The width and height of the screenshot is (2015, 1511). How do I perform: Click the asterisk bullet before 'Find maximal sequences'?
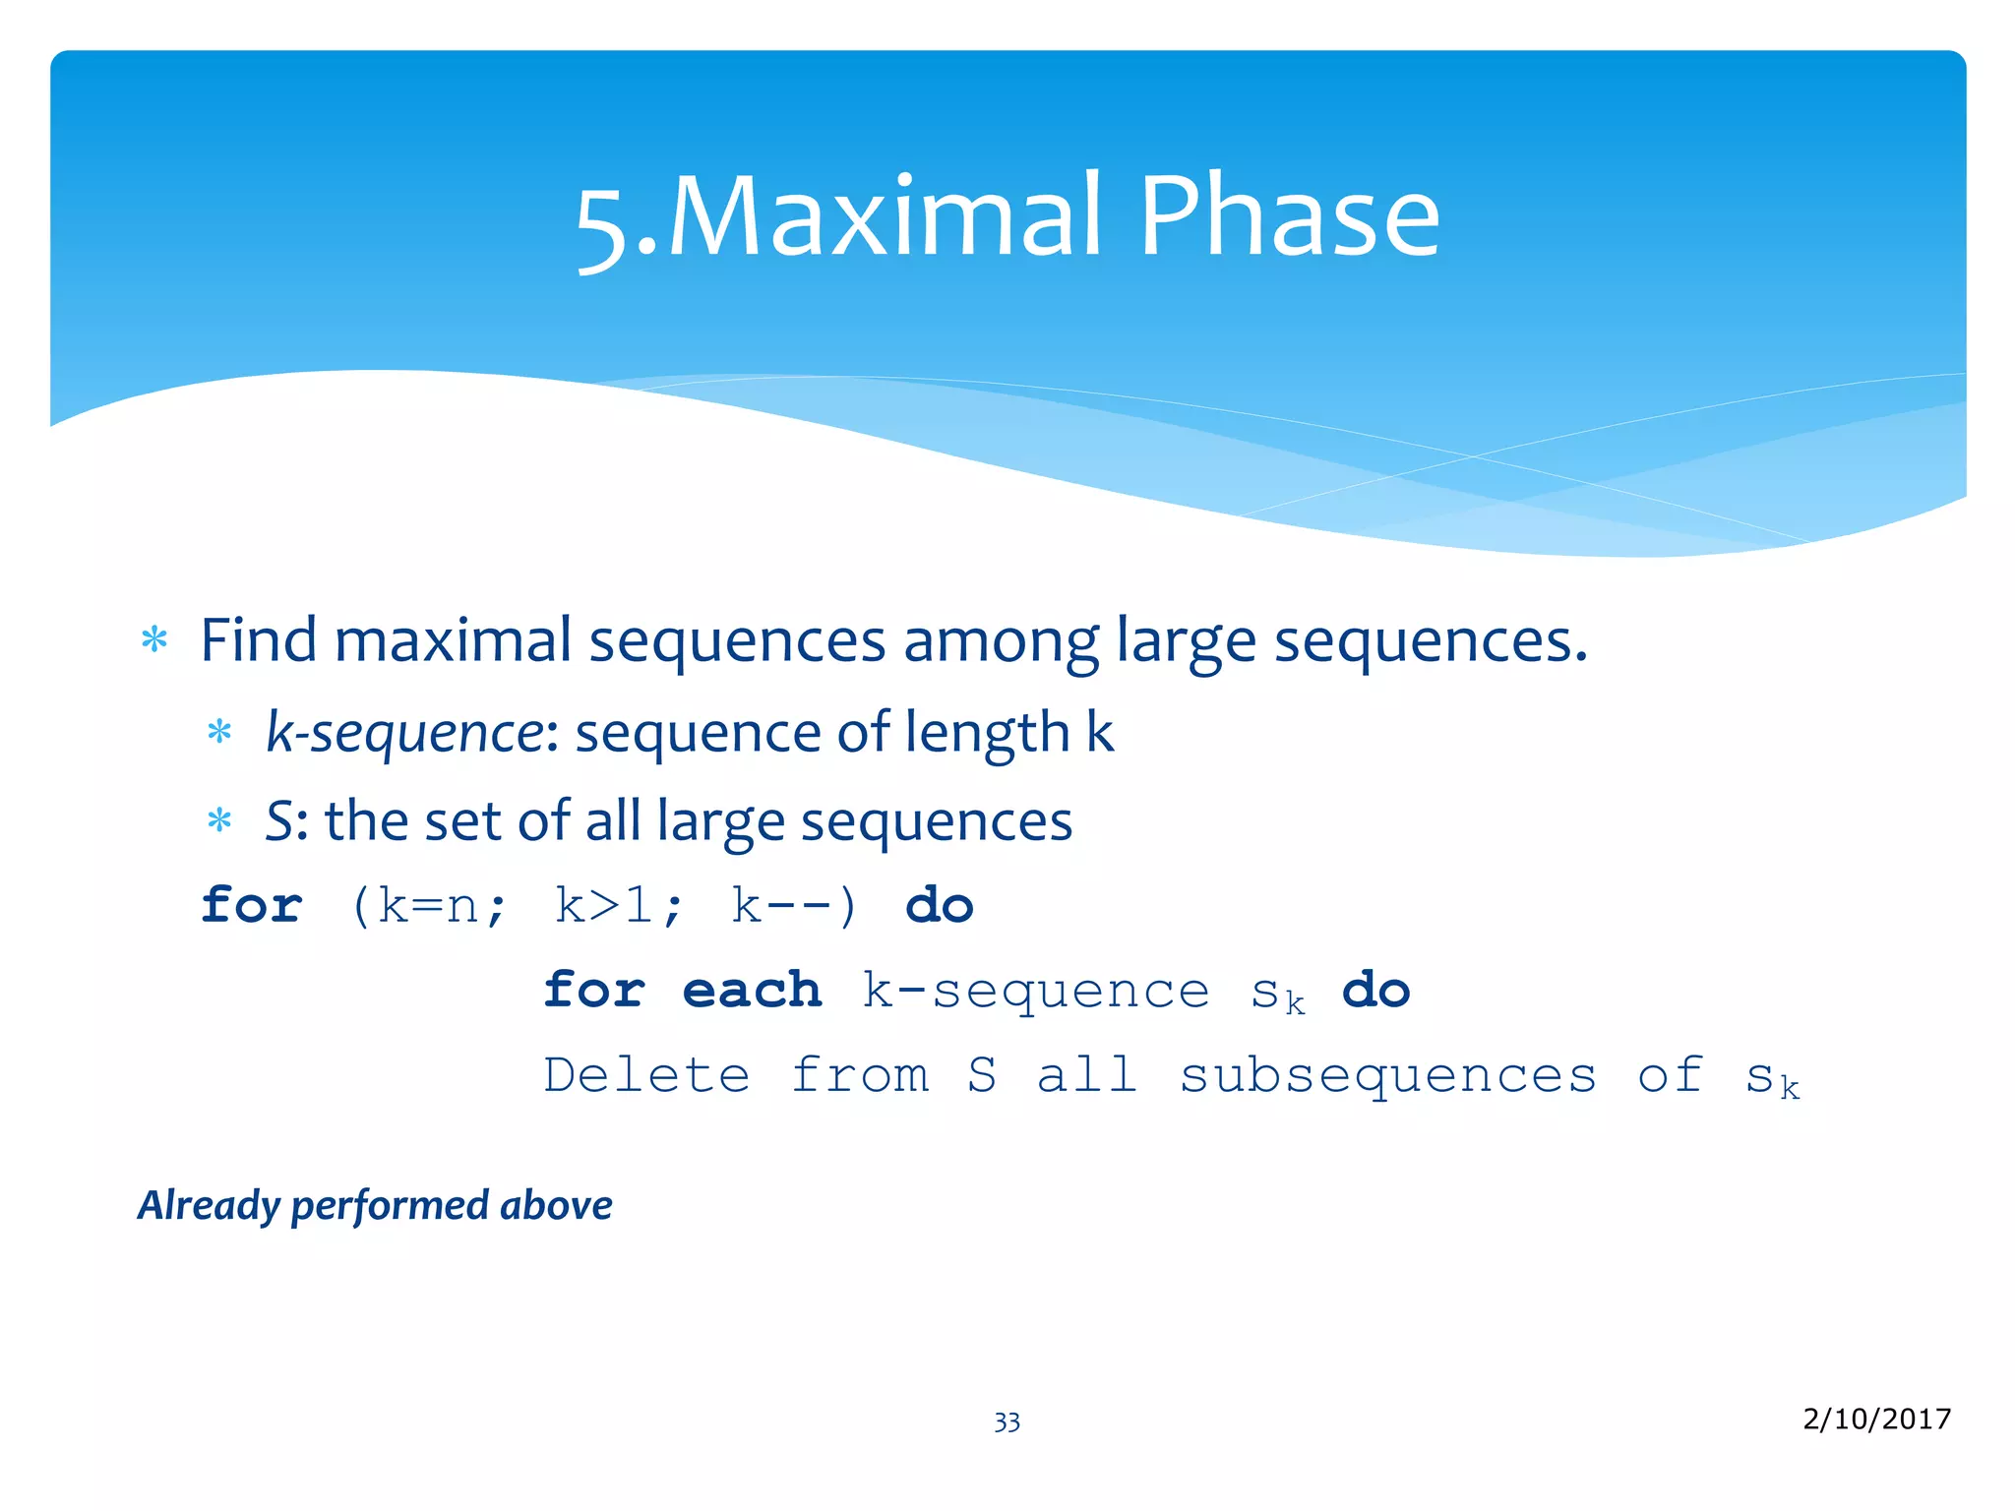[x=154, y=641]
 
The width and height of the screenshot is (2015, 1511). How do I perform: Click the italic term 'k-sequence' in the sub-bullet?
[x=404, y=733]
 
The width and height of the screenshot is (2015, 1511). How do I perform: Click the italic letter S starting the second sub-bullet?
[x=278, y=821]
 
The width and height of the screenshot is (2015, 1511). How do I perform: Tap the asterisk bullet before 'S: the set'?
[x=219, y=821]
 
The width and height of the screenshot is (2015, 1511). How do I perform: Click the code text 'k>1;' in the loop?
[x=618, y=905]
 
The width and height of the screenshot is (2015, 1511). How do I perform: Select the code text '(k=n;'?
[x=429, y=905]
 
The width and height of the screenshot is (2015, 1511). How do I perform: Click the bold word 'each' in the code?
[x=752, y=990]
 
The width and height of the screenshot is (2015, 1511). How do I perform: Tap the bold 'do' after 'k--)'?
[x=940, y=905]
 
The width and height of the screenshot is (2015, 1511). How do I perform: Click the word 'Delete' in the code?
[x=646, y=1074]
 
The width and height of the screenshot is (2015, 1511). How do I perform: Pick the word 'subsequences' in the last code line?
[x=1387, y=1074]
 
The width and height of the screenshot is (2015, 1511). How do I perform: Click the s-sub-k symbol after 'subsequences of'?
[x=1771, y=1078]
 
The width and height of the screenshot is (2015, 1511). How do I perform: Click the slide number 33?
[x=1007, y=1422]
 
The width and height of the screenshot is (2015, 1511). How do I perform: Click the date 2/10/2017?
[x=1876, y=1419]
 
